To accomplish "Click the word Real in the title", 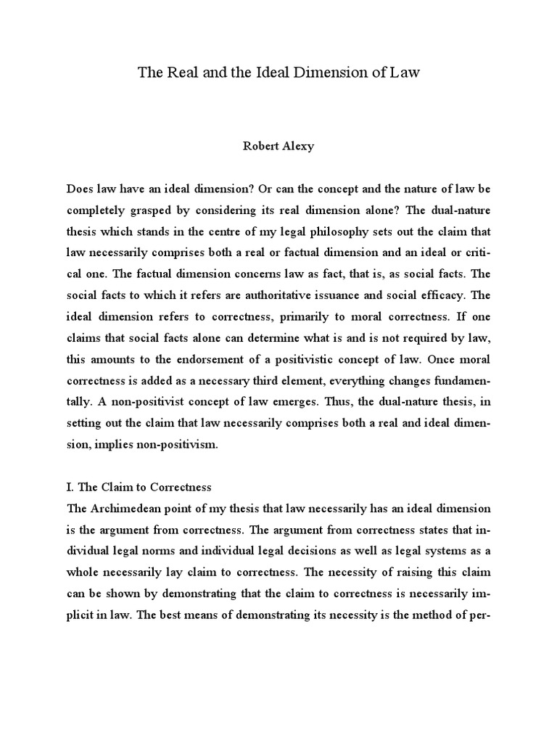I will tap(179, 73).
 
